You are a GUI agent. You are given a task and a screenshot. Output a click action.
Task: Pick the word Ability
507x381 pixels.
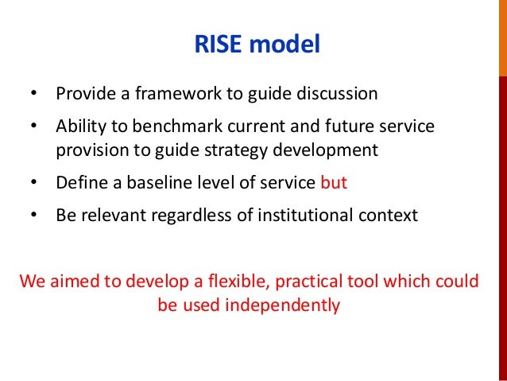[79, 127]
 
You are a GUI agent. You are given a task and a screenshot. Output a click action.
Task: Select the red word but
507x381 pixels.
[334, 182]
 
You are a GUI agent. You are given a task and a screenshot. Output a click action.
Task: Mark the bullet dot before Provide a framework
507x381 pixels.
[33, 94]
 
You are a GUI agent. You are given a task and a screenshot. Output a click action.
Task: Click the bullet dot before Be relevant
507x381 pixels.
[33, 216]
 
